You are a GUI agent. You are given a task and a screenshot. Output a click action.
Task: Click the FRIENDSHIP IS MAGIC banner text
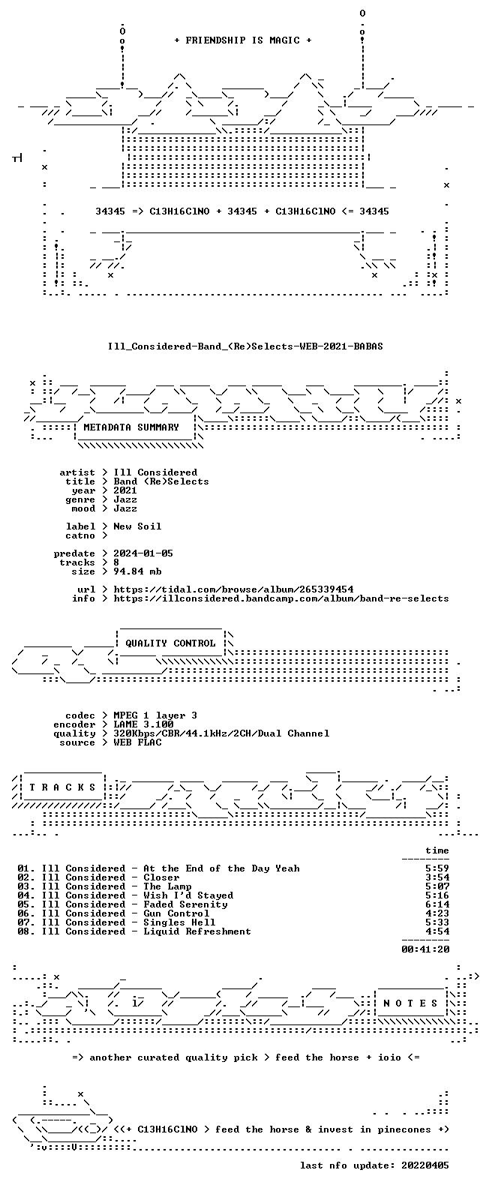point(243,40)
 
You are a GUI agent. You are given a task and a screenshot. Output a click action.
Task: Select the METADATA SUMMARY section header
point(131,427)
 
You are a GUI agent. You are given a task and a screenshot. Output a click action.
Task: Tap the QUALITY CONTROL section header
point(170,643)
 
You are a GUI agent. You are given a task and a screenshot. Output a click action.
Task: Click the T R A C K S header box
point(62,787)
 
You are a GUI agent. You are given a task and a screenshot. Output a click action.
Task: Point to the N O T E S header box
point(410,1003)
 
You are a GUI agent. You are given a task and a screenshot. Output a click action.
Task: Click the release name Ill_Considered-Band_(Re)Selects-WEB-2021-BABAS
point(245,346)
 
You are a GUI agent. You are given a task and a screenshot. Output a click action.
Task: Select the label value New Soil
point(137,526)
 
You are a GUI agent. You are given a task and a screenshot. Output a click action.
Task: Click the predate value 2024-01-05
point(143,553)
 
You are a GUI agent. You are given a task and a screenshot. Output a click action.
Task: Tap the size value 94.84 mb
point(137,571)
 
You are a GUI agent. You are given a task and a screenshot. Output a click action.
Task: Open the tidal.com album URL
point(233,589)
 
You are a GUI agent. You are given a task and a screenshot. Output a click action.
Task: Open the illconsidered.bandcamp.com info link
point(281,598)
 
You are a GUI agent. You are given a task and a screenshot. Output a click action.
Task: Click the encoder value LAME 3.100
point(143,724)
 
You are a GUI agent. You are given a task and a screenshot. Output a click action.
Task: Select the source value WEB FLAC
point(137,742)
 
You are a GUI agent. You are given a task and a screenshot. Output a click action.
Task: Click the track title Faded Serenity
point(185,904)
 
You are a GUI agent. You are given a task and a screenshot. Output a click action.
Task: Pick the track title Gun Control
point(176,913)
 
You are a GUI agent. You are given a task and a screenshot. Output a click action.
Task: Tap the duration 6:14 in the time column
point(437,904)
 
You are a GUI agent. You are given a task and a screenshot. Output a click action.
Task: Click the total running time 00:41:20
point(425,949)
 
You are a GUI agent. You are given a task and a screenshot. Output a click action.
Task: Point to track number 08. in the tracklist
point(26,931)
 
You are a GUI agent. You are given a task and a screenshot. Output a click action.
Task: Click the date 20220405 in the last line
point(425,1165)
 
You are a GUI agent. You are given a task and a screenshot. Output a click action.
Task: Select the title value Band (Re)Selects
point(161,481)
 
